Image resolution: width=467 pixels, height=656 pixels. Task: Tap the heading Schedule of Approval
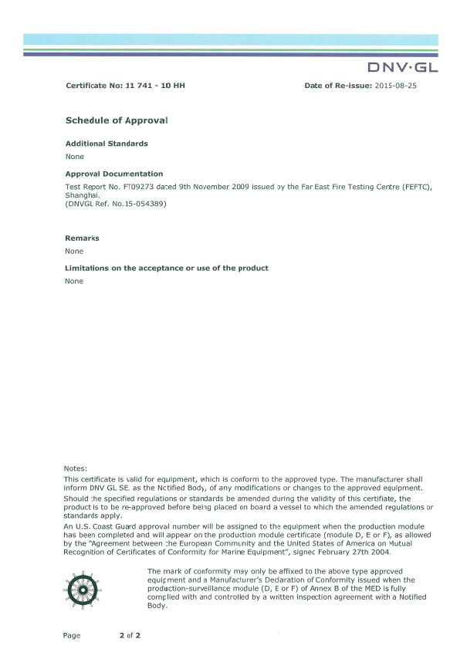click(x=116, y=121)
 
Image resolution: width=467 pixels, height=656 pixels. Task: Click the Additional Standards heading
click(x=107, y=144)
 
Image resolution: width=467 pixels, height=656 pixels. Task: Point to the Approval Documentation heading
click(x=114, y=174)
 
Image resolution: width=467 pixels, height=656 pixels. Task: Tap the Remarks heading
click(x=82, y=238)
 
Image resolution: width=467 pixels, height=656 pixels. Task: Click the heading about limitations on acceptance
click(x=167, y=268)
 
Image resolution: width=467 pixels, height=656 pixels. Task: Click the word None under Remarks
click(x=75, y=251)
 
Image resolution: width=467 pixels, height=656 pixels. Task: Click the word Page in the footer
click(x=72, y=635)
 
